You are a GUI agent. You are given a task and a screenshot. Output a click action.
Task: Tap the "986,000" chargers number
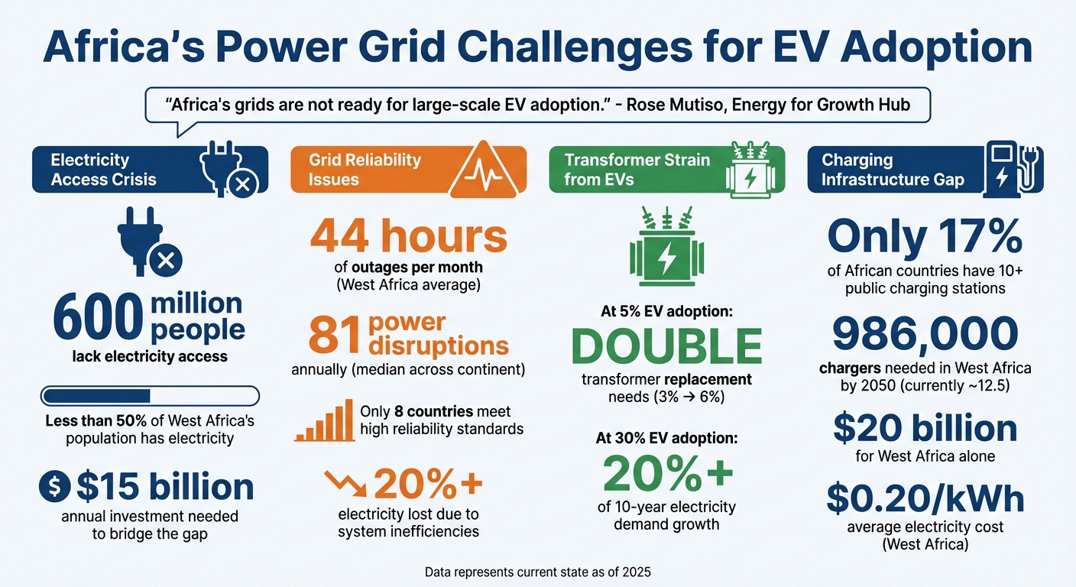[x=925, y=334]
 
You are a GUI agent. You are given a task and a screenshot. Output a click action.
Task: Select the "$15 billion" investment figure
[x=165, y=488]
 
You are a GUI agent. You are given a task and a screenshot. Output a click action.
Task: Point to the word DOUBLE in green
[x=667, y=346]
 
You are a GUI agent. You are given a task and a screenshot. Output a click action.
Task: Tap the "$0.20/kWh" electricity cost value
[x=925, y=498]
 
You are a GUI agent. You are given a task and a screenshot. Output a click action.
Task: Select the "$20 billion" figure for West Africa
[x=925, y=429]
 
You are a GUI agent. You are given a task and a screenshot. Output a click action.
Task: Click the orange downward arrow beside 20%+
[x=346, y=483]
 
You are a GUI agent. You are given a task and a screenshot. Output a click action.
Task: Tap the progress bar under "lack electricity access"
[x=150, y=396]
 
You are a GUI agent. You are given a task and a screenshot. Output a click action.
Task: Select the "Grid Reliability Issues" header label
[x=365, y=170]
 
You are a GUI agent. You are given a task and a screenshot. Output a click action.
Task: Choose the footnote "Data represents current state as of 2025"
[x=537, y=570]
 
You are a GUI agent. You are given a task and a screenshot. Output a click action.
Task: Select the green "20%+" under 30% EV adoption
[x=667, y=473]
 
